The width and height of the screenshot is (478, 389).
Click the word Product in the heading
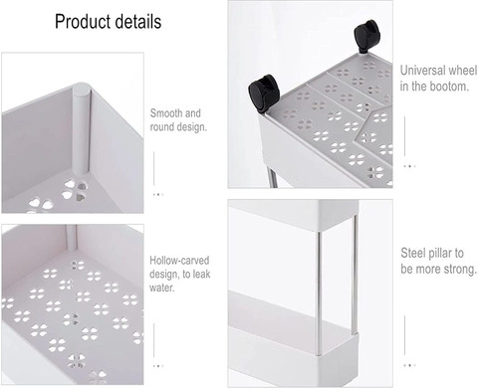tap(83, 22)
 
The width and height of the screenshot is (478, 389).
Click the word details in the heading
tap(138, 21)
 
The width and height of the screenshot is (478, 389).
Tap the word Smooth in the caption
tap(166, 113)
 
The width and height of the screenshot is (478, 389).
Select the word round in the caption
tap(161, 127)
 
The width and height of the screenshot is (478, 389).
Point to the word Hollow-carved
tap(179, 261)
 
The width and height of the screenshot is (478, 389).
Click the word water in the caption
tap(161, 288)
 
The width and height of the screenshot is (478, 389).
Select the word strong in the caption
tap(461, 269)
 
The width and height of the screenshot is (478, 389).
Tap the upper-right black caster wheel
tap(366, 36)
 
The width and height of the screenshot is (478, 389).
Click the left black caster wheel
tap(265, 93)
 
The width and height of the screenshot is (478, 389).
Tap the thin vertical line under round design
tap(154, 168)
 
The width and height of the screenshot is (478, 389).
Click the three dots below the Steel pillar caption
tap(409, 365)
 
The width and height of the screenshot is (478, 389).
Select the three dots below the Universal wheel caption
tap(409, 166)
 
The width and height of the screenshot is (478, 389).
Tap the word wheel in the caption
tap(462, 71)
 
